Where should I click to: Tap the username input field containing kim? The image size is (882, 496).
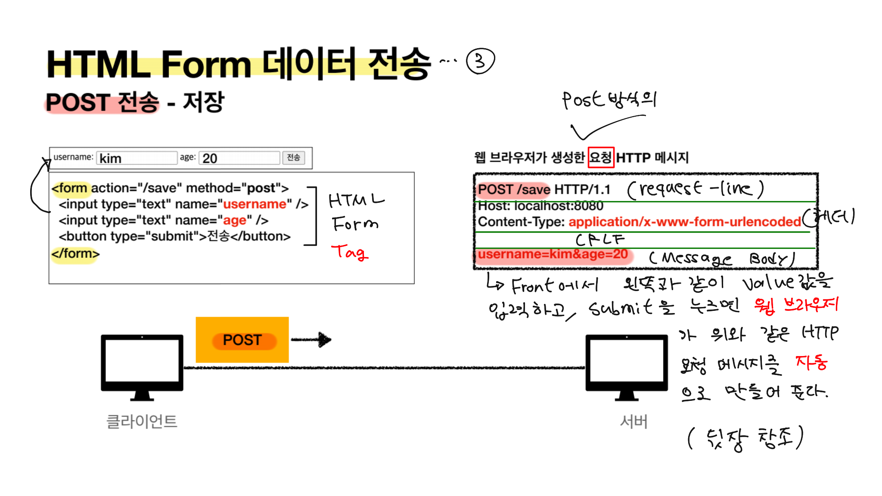click(137, 158)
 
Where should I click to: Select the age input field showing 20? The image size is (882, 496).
click(239, 158)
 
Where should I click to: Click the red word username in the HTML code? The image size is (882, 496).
click(255, 204)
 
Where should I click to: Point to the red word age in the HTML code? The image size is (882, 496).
click(234, 220)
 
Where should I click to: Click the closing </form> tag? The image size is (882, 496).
click(75, 254)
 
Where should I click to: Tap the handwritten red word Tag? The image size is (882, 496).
click(350, 252)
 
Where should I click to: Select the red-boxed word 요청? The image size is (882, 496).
click(601, 158)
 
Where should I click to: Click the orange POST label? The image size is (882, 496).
click(242, 340)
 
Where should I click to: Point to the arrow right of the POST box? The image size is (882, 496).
click(311, 340)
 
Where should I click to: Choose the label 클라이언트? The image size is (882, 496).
click(142, 421)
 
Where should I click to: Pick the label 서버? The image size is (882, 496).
click(634, 421)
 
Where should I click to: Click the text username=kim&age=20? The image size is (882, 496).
click(553, 254)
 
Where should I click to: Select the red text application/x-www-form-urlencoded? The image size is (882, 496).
click(684, 222)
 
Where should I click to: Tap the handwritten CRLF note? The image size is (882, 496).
click(600, 239)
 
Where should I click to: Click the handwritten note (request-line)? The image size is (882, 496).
click(695, 189)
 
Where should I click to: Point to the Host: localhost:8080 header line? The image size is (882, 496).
click(540, 206)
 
